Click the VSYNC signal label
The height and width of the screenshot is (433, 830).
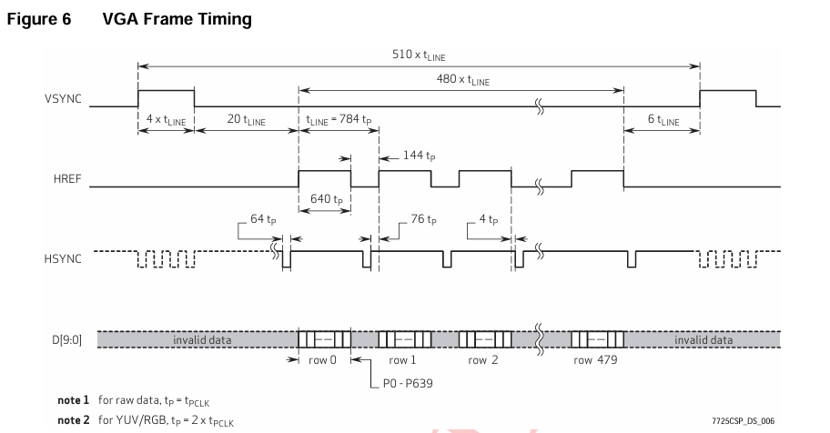[63, 99]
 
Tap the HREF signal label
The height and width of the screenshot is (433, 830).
[67, 179]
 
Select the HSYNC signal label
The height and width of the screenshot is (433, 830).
[63, 259]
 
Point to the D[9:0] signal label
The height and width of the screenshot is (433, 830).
[66, 340]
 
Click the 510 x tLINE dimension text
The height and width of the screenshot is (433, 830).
[419, 55]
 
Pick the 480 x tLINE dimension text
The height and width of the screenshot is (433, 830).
[463, 79]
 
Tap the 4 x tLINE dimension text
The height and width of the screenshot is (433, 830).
[167, 120]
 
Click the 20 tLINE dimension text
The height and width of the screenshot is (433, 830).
[246, 120]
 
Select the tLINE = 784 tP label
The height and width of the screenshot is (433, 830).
[339, 120]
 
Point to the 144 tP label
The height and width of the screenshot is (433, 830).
[419, 156]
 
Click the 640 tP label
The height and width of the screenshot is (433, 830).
[326, 199]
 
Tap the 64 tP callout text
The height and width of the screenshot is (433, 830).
[263, 219]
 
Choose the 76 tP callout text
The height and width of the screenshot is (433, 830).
[423, 219]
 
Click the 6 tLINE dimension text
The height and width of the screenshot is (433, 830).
[663, 120]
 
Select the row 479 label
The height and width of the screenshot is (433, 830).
[595, 360]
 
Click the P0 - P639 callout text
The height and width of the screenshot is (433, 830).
[408, 383]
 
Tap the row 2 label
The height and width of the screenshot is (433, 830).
[482, 360]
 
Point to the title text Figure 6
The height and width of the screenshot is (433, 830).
[38, 20]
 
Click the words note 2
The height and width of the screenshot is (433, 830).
[73, 420]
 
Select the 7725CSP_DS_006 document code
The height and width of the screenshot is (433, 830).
[744, 421]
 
